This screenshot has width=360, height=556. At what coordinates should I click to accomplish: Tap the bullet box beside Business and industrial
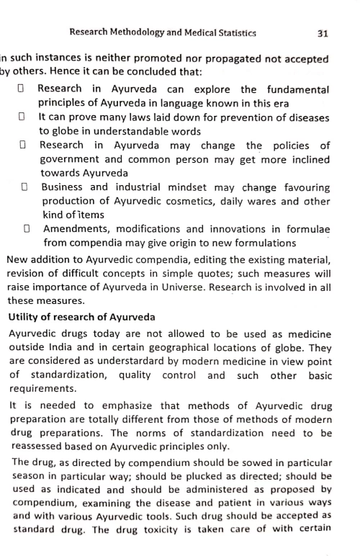pyautogui.click(x=24, y=187)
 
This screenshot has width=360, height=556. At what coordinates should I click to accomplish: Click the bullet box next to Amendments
pyautogui.click(x=27, y=229)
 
